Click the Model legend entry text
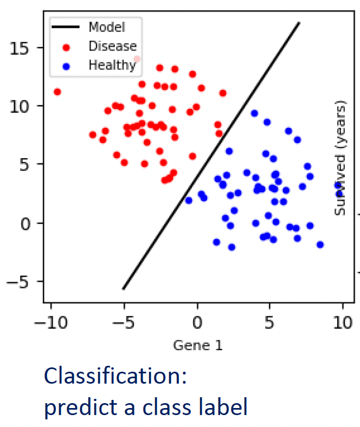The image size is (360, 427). click(x=106, y=27)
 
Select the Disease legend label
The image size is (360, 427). click(x=112, y=47)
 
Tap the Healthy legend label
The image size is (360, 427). click(x=112, y=66)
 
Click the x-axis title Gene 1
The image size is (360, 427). click(x=197, y=345)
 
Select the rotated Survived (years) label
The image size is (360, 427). click(x=340, y=158)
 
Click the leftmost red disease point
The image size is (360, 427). click(x=57, y=92)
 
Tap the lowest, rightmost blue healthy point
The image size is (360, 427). click(x=320, y=244)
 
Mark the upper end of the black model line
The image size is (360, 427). click(x=299, y=23)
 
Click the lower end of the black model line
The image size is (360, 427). click(x=124, y=289)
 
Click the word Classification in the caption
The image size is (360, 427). click(x=115, y=376)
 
